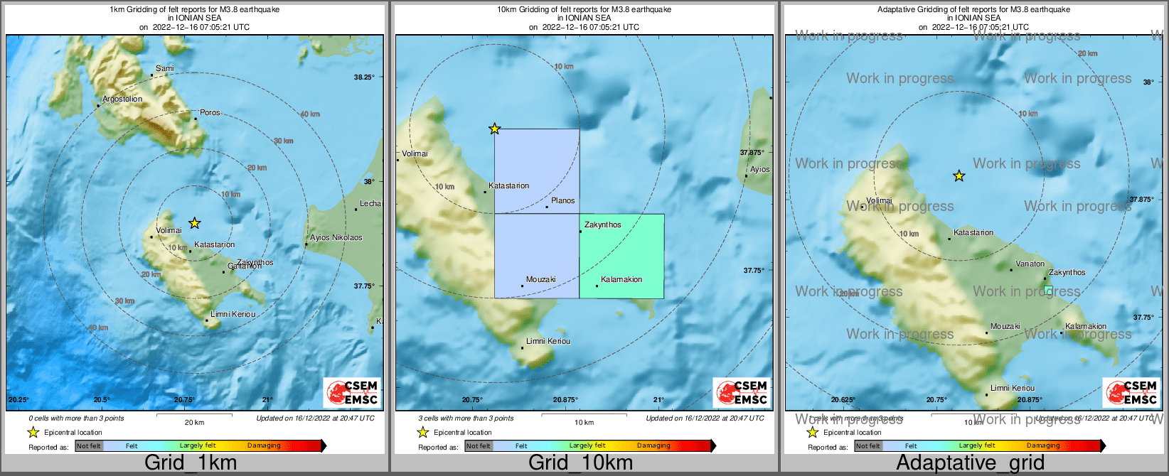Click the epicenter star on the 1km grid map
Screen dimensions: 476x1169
194,223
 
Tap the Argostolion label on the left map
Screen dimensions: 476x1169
122,99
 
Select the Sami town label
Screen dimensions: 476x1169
164,69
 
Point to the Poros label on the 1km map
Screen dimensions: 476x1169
210,113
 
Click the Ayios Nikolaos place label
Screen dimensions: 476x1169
336,238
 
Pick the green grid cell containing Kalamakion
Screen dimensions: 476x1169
621,256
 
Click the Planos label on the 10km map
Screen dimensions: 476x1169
562,201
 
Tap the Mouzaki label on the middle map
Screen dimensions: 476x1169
540,280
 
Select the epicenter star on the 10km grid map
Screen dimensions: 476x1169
494,129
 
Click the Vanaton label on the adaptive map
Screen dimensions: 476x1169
1030,264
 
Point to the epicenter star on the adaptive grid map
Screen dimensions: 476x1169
959,175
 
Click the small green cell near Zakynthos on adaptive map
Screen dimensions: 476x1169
1048,290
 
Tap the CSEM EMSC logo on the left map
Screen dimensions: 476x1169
352,393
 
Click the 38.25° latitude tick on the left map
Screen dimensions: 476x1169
364,77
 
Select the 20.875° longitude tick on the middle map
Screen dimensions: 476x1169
566,400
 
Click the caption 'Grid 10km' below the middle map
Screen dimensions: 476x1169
580,463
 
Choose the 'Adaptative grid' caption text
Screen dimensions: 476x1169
970,463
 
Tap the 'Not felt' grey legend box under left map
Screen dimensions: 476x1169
89,446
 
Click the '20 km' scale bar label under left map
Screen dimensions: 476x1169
194,423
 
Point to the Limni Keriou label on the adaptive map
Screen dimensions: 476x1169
1013,389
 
